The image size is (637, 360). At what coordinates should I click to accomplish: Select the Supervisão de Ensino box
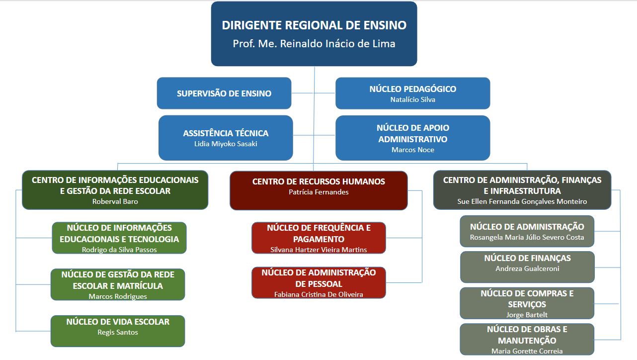click(224, 93)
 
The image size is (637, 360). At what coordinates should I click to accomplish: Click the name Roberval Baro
click(115, 201)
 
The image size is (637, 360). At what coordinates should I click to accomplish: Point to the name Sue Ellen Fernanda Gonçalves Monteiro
click(522, 201)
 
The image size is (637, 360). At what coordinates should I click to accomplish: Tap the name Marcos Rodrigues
click(118, 296)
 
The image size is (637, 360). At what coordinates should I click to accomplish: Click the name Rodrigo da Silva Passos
click(119, 250)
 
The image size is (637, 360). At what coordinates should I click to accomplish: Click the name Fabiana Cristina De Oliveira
click(318, 294)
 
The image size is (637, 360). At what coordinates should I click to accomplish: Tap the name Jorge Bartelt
click(527, 315)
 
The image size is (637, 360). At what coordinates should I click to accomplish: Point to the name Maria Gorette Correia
click(527, 351)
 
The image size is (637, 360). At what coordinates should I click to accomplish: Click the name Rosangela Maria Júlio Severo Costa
click(527, 237)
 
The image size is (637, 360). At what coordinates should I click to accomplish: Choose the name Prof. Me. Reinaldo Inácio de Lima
click(314, 44)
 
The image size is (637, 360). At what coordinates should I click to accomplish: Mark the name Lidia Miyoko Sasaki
click(226, 144)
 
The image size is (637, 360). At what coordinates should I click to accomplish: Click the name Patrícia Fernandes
click(318, 192)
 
